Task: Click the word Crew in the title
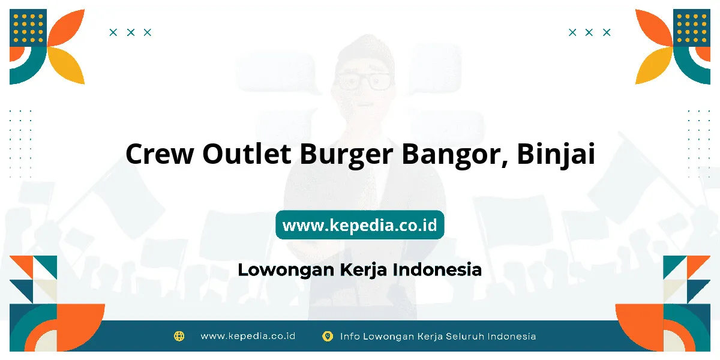(160, 154)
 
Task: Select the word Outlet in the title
(247, 153)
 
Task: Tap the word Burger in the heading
(346, 155)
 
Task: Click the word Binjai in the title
(556, 155)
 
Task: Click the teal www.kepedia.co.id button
(359, 224)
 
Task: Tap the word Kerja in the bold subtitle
(364, 270)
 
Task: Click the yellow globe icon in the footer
(179, 336)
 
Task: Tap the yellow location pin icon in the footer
(327, 336)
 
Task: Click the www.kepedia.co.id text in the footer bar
(248, 336)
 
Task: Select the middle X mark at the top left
(131, 32)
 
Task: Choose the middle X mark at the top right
(589, 32)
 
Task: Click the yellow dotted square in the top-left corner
(28, 28)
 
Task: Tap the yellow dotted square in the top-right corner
(692, 28)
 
